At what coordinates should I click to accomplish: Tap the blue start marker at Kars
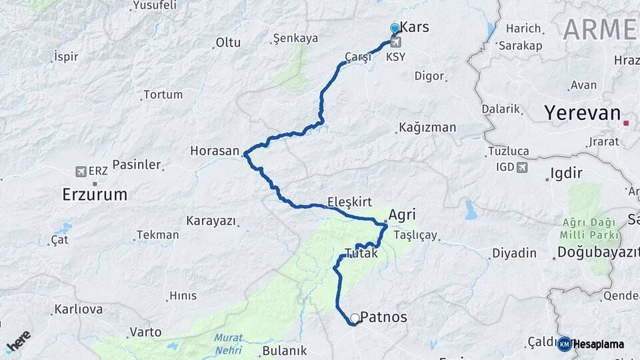click(395, 28)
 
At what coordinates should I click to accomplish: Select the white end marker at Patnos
click(355, 319)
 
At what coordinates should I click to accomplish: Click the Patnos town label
click(383, 318)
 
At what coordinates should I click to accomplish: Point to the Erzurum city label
click(94, 195)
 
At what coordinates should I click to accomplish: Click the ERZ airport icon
click(81, 171)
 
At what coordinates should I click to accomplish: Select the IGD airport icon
click(522, 167)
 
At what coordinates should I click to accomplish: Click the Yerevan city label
click(582, 113)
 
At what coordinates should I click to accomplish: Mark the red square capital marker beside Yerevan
click(626, 123)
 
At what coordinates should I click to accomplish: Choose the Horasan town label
click(214, 151)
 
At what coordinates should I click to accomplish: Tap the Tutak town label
click(361, 253)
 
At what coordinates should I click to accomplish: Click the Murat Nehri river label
click(229, 342)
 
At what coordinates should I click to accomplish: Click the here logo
click(18, 341)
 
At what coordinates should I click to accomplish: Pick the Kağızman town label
click(427, 127)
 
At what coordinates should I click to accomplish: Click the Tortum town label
click(163, 95)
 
